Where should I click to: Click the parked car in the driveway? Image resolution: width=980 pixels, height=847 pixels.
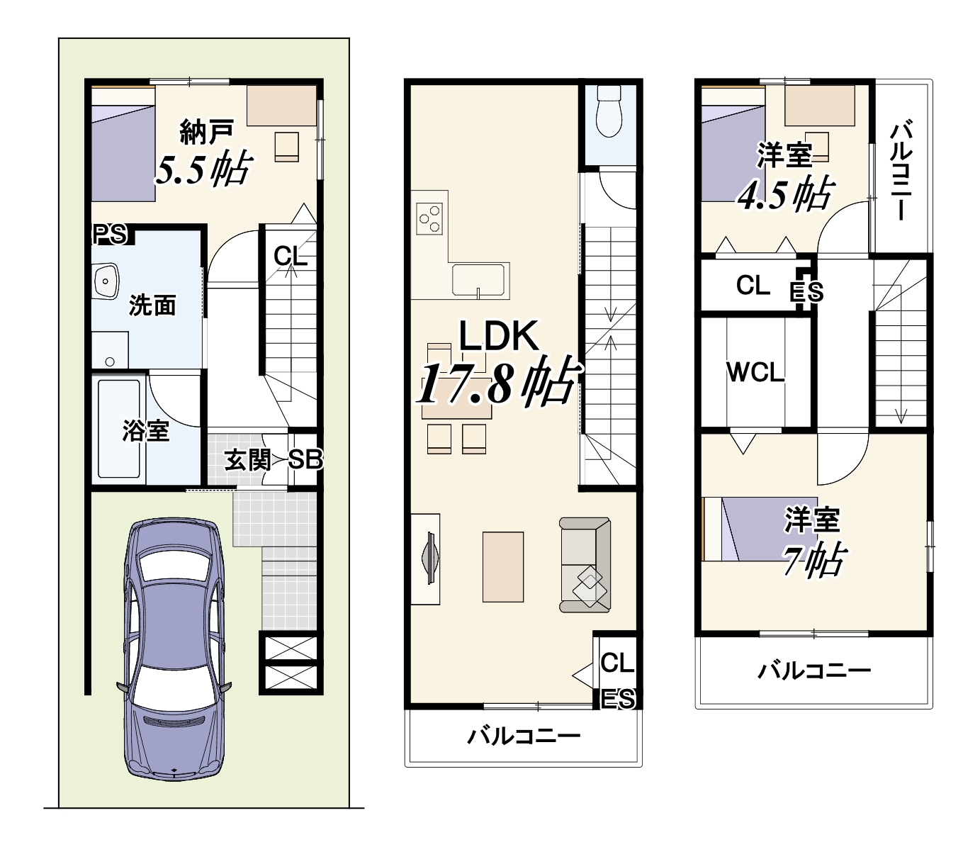click(174, 649)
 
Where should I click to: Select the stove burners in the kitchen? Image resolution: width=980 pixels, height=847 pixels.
click(430, 218)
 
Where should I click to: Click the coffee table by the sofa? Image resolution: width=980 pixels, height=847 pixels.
click(503, 566)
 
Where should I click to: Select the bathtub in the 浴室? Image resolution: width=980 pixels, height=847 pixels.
click(118, 429)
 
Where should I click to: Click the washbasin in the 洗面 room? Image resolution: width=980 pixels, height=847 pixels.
click(106, 282)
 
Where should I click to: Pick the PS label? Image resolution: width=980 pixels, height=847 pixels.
click(110, 234)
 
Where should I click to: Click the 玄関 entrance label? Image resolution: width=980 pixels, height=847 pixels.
click(247, 460)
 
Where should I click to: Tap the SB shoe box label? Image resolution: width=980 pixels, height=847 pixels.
click(305, 460)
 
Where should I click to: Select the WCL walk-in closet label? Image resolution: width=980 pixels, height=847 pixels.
click(755, 372)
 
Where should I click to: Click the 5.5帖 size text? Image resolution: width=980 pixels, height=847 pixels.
click(203, 169)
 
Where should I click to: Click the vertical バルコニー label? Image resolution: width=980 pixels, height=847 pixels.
click(901, 170)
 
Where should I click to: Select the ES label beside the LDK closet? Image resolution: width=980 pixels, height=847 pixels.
click(618, 699)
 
